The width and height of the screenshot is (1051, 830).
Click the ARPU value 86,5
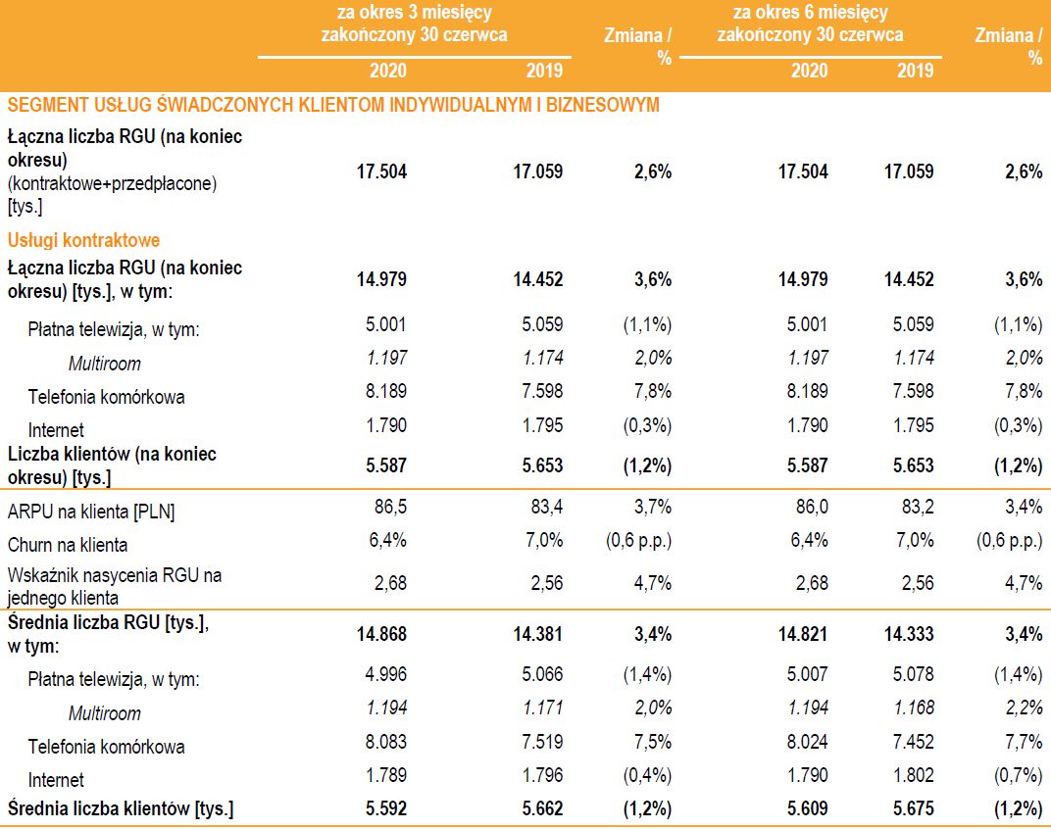point(387,511)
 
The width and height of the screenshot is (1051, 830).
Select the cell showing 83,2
point(915,511)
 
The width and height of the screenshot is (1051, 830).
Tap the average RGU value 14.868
point(380,634)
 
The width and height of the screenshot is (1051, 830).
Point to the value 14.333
point(909,634)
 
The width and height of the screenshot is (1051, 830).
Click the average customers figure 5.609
point(806,809)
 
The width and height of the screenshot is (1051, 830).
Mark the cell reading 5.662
point(538,809)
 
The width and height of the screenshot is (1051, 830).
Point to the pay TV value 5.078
point(913,674)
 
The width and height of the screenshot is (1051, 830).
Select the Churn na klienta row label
point(68,545)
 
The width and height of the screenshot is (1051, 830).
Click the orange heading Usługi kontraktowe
point(83,240)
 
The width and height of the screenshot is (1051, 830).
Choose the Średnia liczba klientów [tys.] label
point(120,809)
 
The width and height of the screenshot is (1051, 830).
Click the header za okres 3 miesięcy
point(414,14)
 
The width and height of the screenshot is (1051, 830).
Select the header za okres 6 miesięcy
point(810,14)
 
